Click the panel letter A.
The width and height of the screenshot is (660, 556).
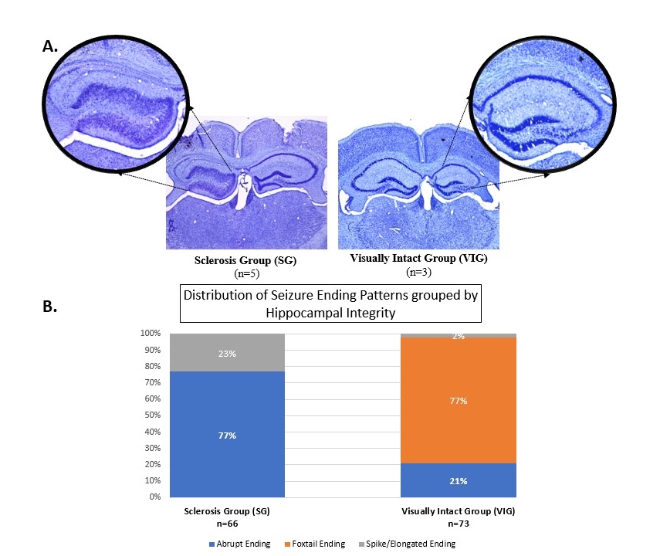coord(50,46)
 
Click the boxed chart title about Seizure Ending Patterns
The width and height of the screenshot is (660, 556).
coord(330,304)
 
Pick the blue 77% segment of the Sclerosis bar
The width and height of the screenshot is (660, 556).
coord(228,435)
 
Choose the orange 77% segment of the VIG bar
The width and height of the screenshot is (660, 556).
coord(459,400)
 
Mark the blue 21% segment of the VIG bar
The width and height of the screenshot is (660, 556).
coord(459,480)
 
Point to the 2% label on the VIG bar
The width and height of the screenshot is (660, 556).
coord(459,336)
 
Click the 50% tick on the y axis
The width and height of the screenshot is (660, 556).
coord(151,415)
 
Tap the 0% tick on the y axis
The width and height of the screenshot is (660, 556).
coord(154,497)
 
